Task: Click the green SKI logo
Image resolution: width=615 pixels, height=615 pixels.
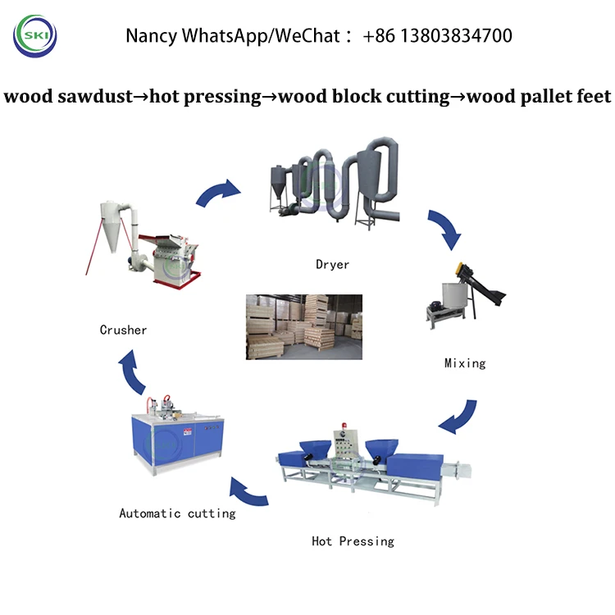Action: (35, 35)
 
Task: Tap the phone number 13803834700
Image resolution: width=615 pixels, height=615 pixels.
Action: (449, 35)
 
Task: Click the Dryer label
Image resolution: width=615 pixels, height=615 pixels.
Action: (332, 264)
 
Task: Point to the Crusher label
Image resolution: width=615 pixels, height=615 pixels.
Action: (123, 330)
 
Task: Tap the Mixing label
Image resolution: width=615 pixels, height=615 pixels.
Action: (465, 362)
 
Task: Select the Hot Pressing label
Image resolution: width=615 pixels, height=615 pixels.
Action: (353, 541)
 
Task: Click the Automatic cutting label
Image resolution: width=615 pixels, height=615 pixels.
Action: (177, 513)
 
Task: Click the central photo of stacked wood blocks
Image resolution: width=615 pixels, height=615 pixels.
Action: (304, 326)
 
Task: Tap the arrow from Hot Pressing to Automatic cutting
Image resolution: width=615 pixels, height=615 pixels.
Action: (248, 492)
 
